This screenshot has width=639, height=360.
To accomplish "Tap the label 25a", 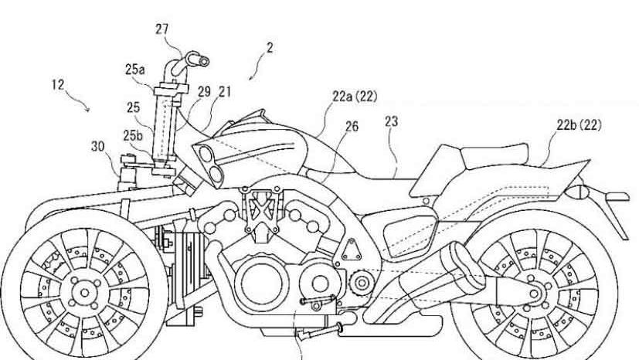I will [134, 69].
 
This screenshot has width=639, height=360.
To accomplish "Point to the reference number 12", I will [59, 85].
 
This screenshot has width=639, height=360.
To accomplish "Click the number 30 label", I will [97, 144].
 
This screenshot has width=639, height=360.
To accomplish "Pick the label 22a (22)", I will [355, 97].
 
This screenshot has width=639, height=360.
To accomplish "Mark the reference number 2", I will [270, 48].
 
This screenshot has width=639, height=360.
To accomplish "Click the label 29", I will [203, 91].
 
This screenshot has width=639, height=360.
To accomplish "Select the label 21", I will [225, 91].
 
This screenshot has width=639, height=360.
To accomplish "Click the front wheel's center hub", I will [81, 290].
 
